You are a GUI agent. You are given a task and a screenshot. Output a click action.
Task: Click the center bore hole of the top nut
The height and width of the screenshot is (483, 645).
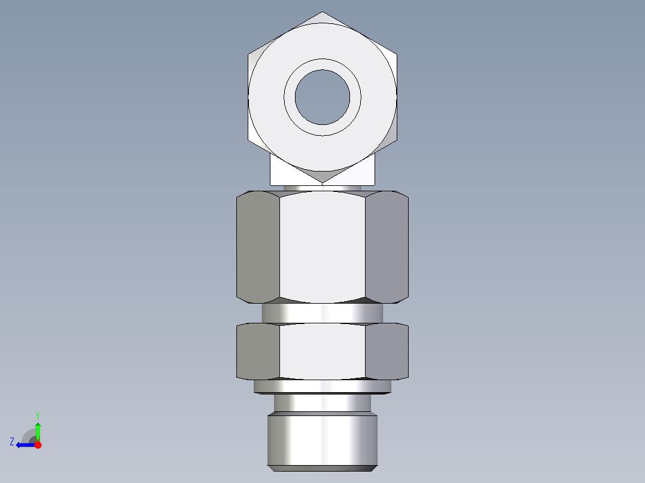point(322,97)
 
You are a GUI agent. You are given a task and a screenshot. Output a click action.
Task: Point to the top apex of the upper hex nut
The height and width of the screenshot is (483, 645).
point(322,13)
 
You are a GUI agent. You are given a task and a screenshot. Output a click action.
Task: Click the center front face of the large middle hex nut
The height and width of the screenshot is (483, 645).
point(322,245)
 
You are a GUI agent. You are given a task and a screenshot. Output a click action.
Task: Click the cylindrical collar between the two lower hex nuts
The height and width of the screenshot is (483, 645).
point(322,313)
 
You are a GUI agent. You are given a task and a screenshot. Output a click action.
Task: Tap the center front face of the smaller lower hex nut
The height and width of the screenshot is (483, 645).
point(322,351)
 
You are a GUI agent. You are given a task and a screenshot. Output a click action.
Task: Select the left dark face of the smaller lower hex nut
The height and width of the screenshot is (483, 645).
point(258,351)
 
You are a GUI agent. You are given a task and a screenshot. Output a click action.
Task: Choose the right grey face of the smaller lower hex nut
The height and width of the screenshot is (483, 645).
point(387,351)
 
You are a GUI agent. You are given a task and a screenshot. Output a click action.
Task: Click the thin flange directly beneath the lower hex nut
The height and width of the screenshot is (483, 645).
point(322,387)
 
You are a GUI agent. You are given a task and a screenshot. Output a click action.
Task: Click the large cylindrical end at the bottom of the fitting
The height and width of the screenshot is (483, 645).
point(322,439)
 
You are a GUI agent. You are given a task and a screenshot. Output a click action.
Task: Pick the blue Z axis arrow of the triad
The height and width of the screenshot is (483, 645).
point(24,445)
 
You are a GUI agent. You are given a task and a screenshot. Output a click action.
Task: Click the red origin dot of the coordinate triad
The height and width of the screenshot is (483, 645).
point(38,445)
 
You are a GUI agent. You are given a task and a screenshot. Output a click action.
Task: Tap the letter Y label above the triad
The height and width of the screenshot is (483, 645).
point(37,415)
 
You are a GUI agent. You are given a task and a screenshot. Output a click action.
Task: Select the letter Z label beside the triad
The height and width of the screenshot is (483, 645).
point(12,442)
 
